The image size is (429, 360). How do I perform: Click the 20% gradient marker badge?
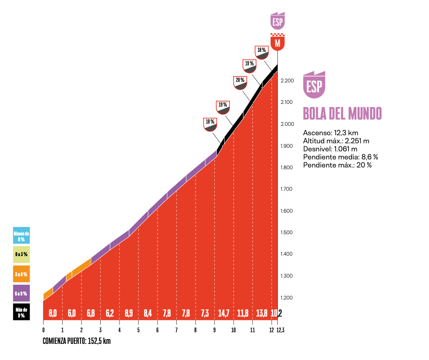[x=240, y=82]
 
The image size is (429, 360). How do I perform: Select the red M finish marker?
[x=278, y=42]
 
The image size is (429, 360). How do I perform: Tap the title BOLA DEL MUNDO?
[x=342, y=114]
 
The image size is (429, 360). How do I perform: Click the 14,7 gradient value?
[x=224, y=313]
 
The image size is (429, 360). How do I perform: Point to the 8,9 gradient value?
[x=129, y=313]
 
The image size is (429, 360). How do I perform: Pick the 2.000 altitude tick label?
[x=287, y=124]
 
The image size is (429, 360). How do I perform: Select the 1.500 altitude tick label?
[x=287, y=232]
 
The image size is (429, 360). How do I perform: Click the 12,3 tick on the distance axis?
[x=280, y=330]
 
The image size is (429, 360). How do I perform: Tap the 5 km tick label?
[x=138, y=330]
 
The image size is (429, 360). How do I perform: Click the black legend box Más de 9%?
[x=21, y=312]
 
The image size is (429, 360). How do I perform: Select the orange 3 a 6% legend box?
[x=21, y=274]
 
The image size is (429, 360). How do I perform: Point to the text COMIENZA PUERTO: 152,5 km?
[x=76, y=341]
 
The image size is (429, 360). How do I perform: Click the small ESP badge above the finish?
[x=278, y=21]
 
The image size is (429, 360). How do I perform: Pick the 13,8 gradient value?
[x=262, y=313]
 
